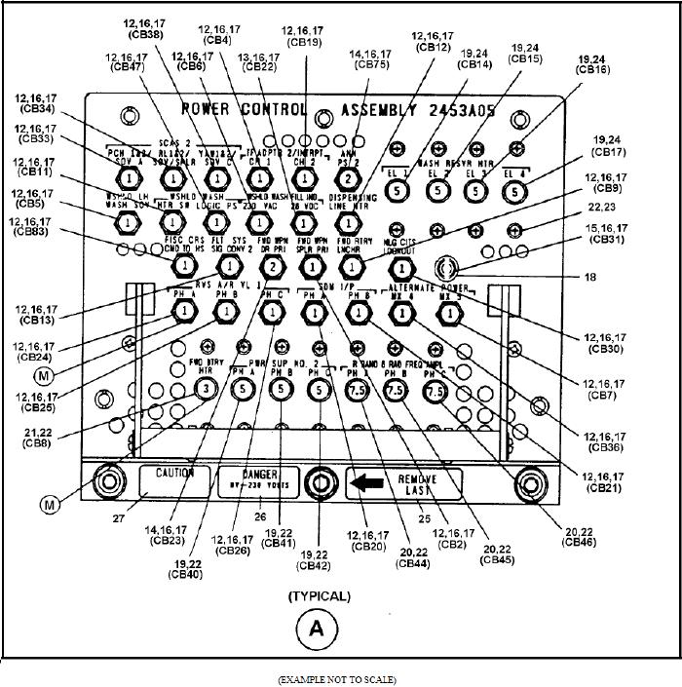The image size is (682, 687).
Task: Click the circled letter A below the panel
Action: (x=316, y=629)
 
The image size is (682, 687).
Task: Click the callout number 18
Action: (x=587, y=278)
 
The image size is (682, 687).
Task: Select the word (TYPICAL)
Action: (x=319, y=595)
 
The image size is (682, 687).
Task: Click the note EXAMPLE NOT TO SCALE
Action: (x=337, y=678)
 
